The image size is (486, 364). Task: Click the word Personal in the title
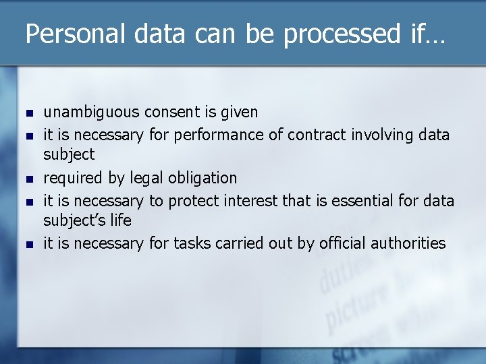[72, 34]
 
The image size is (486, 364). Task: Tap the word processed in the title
[342, 34]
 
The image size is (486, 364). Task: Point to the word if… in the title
[427, 34]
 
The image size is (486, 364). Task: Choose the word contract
[317, 135]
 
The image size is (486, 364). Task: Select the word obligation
[203, 178]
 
